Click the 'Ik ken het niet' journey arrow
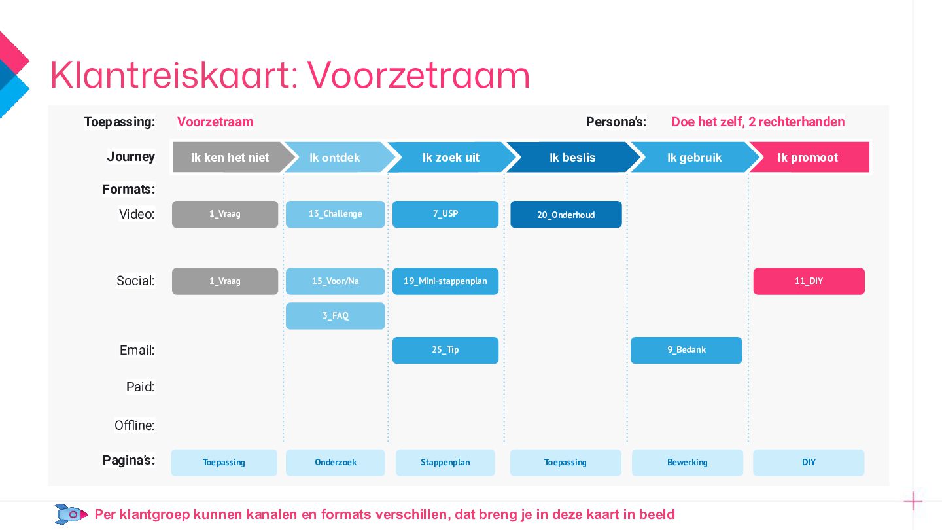229,158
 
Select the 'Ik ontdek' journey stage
335,158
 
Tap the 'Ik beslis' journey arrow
572,158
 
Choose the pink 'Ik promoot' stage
808,158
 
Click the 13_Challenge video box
335,214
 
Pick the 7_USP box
445,214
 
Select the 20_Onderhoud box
566,215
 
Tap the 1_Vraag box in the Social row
224,281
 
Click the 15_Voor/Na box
335,281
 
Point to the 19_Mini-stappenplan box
445,281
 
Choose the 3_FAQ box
335,316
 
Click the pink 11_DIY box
809,281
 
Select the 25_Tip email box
445,350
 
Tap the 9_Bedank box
686,350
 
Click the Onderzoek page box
335,463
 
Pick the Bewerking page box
687,463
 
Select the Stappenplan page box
445,463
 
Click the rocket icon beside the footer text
71,514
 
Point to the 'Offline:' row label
134,425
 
